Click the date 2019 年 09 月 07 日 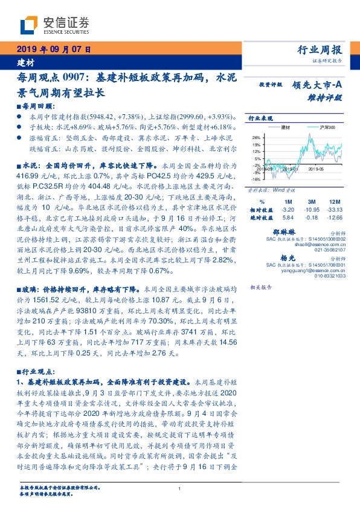pos(53,50)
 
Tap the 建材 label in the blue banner pos(25,63)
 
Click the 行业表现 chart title pos(258,118)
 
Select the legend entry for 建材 pos(286,128)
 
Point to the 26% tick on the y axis pos(256,138)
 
